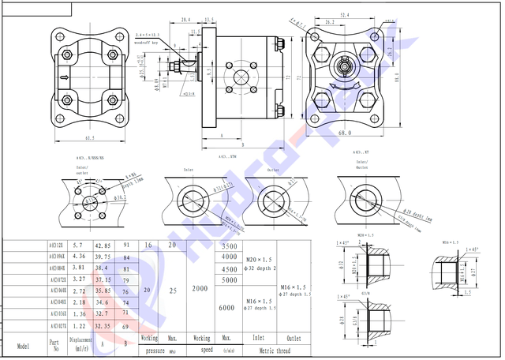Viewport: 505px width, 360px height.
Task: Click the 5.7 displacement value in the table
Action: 77,246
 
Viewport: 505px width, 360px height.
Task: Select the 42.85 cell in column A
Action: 103,246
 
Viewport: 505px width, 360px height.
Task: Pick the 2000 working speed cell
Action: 200,289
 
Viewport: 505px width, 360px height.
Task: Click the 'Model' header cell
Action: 23,346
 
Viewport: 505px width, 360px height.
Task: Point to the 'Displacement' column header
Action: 80,340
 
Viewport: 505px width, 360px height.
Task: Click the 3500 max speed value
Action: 229,246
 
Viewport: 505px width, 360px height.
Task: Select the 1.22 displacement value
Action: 77,326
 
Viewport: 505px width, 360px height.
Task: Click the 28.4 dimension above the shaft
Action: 185,19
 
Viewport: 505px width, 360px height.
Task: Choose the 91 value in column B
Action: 126,246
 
